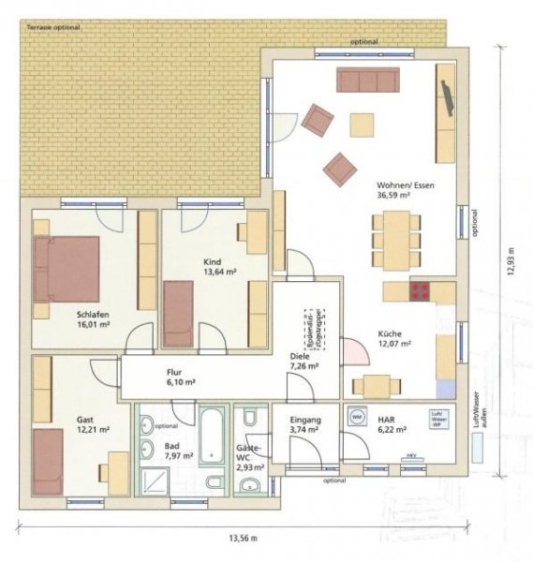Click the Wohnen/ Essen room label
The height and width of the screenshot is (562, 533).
tap(406, 185)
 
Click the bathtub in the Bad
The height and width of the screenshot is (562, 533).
tap(212, 437)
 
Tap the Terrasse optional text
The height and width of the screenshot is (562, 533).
tap(53, 28)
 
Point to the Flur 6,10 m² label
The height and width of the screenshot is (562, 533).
tap(181, 377)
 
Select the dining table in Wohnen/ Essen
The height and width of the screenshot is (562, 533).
tap(396, 240)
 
